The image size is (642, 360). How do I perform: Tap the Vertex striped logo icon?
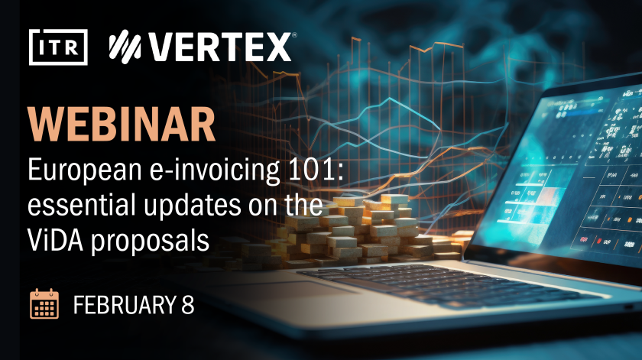[x=125, y=47]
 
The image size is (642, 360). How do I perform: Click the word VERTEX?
[x=219, y=47]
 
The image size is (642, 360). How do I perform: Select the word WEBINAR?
[x=122, y=125]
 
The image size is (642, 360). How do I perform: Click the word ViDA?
[x=56, y=239]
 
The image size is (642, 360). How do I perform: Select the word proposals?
[x=151, y=241]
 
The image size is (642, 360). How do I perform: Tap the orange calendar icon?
[x=44, y=304]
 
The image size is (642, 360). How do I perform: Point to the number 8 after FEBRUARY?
[x=187, y=305]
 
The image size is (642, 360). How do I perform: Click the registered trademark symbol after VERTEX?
[x=294, y=35]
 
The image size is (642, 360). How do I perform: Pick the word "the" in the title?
[x=304, y=205]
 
